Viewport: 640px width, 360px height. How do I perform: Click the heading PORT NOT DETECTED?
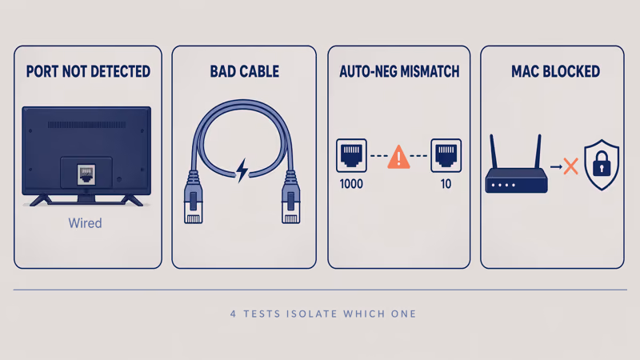(x=88, y=72)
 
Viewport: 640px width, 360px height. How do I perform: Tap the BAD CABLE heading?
(x=244, y=72)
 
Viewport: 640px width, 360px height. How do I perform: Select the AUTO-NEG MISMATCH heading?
(x=399, y=72)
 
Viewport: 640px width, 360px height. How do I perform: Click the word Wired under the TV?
(x=84, y=223)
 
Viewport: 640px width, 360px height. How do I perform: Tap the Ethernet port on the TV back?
(x=86, y=172)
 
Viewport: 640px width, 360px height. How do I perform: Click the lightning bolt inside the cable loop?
(x=242, y=170)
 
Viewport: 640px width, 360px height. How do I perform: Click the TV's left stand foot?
(x=38, y=198)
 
